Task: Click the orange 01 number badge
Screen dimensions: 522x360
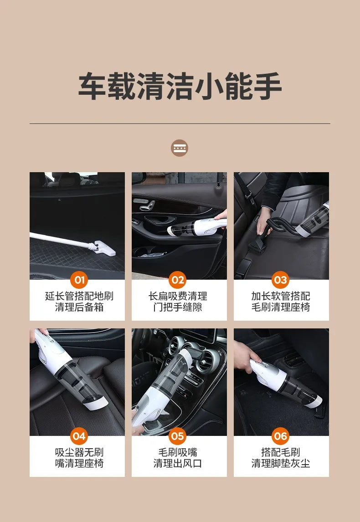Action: click(79, 280)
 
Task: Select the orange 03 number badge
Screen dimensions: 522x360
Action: click(280, 280)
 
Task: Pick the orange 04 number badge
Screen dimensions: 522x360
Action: click(79, 436)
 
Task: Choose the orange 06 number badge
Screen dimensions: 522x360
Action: click(280, 436)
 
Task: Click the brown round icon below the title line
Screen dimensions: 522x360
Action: click(180, 148)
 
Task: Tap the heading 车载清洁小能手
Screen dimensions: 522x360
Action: click(180, 86)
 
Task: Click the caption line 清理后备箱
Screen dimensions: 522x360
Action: click(79, 307)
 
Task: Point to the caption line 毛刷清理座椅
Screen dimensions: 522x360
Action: click(281, 307)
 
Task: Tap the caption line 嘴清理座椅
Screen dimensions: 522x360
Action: click(79, 463)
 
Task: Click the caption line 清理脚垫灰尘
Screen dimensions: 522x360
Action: click(281, 463)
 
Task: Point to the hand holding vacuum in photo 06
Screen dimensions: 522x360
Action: click(246, 353)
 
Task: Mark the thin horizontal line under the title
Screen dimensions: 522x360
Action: click(180, 123)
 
